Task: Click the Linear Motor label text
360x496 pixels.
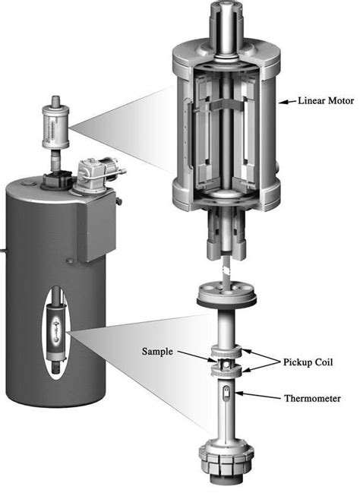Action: [x=326, y=101]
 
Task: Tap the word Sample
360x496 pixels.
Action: [x=157, y=352]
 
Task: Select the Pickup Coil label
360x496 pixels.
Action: [x=308, y=362]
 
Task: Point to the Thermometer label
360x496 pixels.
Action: [x=313, y=398]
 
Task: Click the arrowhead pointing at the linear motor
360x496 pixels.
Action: [x=283, y=102]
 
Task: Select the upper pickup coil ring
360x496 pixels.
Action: [x=226, y=351]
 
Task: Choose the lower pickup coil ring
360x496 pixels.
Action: [x=226, y=369]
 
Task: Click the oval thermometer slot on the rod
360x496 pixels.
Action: [x=226, y=393]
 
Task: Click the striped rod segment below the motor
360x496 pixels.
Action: [x=227, y=271]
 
